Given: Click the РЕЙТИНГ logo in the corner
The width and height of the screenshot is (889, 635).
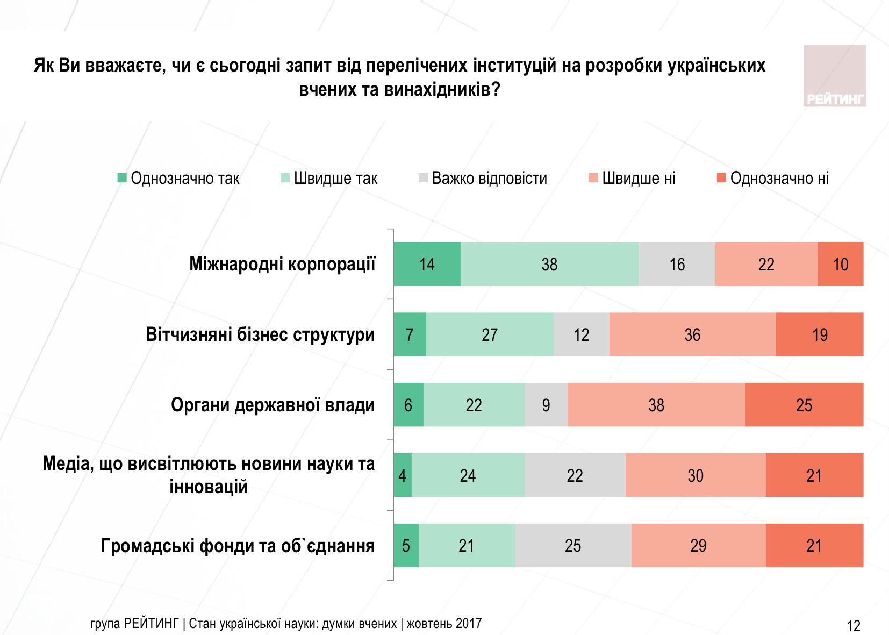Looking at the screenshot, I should tap(835, 76).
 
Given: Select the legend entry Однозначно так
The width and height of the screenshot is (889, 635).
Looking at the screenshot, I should tap(179, 178).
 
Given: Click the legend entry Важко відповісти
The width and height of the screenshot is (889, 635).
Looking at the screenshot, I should tap(483, 178).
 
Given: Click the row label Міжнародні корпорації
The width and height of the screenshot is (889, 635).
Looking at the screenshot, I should tap(282, 264).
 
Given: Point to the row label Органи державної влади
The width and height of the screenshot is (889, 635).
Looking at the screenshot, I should tap(273, 405).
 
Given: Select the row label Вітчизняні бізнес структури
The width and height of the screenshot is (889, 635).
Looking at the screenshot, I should tap(260, 334).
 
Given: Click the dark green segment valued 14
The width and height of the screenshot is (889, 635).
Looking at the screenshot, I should tap(427, 264).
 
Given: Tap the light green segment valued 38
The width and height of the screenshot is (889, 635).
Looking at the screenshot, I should tap(549, 264).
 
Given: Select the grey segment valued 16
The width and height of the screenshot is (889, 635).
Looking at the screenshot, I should tap(677, 264).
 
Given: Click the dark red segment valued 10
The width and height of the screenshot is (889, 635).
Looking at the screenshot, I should tap(840, 264).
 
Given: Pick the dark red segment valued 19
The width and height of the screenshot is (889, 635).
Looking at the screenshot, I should tap(820, 334).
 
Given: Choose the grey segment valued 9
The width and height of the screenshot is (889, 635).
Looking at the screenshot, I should tap(546, 405).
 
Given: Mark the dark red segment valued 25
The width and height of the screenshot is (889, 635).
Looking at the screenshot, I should tap(804, 405).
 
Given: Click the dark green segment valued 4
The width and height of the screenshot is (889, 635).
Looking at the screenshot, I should tap(403, 475).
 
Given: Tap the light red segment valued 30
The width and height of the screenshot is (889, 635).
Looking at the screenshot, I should tap(696, 475).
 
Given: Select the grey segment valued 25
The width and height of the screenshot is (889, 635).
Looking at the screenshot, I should tap(573, 546).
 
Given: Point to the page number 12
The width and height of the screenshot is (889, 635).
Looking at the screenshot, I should tap(854, 626).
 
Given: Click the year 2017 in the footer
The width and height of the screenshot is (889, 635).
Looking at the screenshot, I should tap(469, 624).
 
